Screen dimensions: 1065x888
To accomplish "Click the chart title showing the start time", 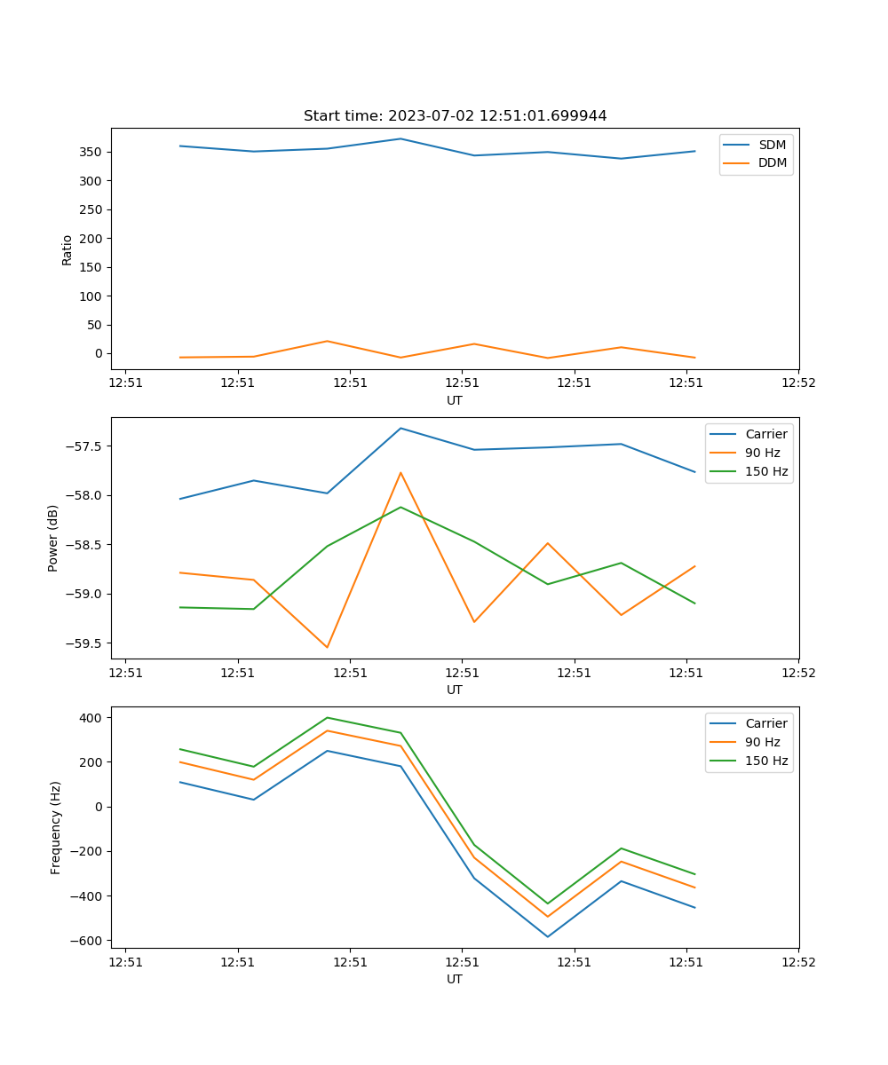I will coord(455,116).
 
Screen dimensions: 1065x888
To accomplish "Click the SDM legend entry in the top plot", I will coord(772,145).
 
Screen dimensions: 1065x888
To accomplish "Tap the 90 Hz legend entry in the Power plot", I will coord(762,453).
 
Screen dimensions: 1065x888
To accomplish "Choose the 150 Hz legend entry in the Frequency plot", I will coord(766,761).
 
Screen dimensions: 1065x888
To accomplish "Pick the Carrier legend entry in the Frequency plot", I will coord(765,723).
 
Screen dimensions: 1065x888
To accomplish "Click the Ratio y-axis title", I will coord(67,248).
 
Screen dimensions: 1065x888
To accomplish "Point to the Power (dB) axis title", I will coord(53,538).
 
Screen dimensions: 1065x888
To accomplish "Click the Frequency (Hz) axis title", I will coord(55,827).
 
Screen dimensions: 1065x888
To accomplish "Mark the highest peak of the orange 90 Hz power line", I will coord(400,472).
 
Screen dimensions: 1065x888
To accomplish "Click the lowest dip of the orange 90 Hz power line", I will coord(327,647).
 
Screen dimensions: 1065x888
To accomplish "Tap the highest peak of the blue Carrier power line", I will coord(400,429).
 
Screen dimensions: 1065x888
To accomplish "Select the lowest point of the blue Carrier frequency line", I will coord(547,936).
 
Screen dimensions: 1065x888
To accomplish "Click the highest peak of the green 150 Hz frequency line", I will coord(327,717).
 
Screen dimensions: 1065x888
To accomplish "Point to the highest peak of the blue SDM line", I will coord(400,138).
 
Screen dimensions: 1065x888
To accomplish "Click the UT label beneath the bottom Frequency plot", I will coord(455,979).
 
